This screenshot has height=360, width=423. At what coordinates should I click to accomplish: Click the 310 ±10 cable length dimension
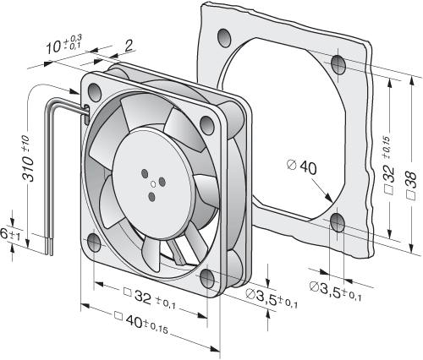(x=28, y=158)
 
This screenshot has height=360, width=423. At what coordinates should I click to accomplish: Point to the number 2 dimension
(x=128, y=46)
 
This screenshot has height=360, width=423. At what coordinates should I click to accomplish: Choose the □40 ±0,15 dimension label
(x=141, y=323)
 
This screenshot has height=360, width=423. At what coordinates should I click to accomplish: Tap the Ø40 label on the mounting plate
(x=302, y=166)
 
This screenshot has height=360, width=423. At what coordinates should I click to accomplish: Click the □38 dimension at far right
(x=412, y=185)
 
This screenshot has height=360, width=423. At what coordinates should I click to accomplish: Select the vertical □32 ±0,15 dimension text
(x=390, y=166)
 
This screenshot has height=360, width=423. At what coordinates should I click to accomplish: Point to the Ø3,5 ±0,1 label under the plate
(x=336, y=291)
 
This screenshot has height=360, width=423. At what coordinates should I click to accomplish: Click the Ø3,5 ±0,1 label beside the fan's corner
(x=272, y=298)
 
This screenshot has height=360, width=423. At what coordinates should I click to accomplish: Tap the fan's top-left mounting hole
(x=95, y=92)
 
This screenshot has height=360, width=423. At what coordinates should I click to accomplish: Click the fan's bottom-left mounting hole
(x=94, y=243)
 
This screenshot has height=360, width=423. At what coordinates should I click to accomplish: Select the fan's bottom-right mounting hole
(x=207, y=278)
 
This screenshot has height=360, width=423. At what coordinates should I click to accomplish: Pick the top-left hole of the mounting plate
(x=225, y=38)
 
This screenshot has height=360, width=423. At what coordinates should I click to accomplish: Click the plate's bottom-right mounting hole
(x=338, y=222)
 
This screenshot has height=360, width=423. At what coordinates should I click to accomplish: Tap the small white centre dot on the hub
(x=153, y=185)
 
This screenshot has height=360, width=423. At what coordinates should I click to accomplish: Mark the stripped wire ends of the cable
(x=48, y=247)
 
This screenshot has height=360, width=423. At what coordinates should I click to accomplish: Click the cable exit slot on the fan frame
(x=87, y=115)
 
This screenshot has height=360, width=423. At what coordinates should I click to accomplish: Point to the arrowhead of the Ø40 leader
(x=329, y=198)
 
